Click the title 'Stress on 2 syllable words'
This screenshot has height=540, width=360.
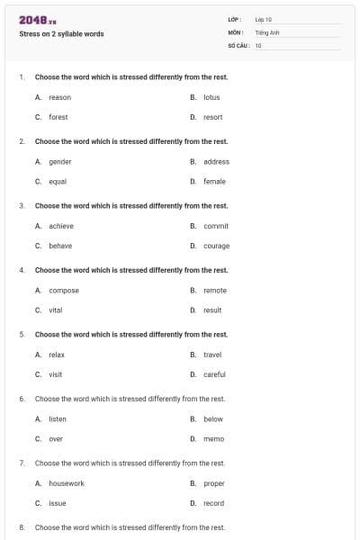[x=61, y=34]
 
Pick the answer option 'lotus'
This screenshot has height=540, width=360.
[x=211, y=97]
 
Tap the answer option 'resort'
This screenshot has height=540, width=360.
[x=212, y=117]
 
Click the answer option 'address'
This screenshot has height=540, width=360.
[x=216, y=162]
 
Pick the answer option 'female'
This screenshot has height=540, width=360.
[x=214, y=182]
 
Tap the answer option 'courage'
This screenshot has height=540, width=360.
[x=216, y=246]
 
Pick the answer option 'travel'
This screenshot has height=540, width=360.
[x=212, y=355]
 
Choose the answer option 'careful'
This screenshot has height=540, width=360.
[x=214, y=374]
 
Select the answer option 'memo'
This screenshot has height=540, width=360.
[x=213, y=439]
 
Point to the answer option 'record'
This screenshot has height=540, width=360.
[x=213, y=503]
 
